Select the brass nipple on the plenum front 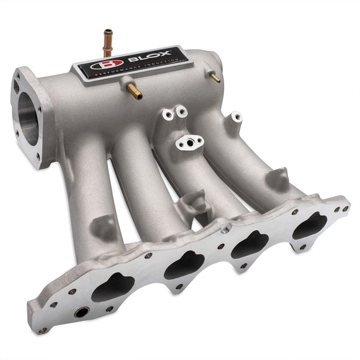(133, 92)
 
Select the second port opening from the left (184, 266)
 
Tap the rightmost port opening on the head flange (309, 225)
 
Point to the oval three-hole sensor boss (189, 142)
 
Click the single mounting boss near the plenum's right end (236, 117)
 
